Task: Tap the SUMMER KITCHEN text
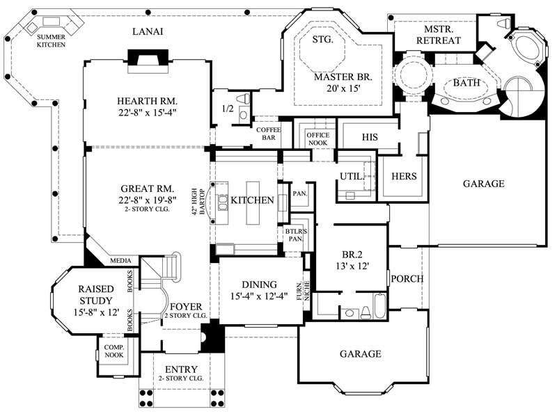[x=52, y=40]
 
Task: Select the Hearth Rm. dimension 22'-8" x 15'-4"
[x=146, y=111]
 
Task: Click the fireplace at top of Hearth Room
[x=146, y=59]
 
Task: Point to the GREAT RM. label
[x=146, y=189]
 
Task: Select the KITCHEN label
[x=252, y=200]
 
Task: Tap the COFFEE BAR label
[x=269, y=133]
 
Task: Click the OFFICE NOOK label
[x=313, y=138]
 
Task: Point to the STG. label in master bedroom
[x=322, y=39]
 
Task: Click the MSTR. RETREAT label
[x=438, y=35]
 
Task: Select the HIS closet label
[x=370, y=137]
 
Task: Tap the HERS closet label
[x=404, y=177]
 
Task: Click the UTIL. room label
[x=352, y=177]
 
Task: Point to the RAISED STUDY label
[x=95, y=295]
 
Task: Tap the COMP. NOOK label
[x=113, y=351]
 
